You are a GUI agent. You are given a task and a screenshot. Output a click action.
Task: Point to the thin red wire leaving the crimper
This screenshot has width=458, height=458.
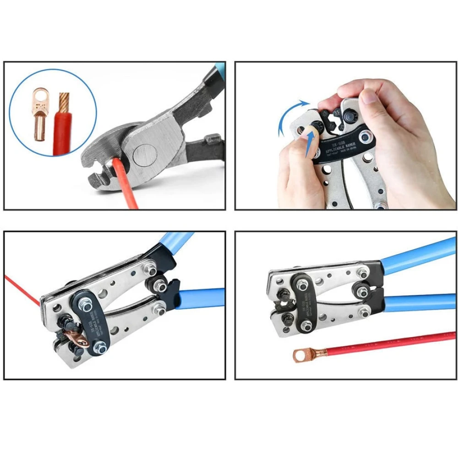[x=23, y=289]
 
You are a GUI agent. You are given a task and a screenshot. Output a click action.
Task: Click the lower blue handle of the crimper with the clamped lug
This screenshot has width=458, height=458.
[x=202, y=298]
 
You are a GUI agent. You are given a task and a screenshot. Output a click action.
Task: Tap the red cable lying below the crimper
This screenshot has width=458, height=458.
[x=389, y=342]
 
